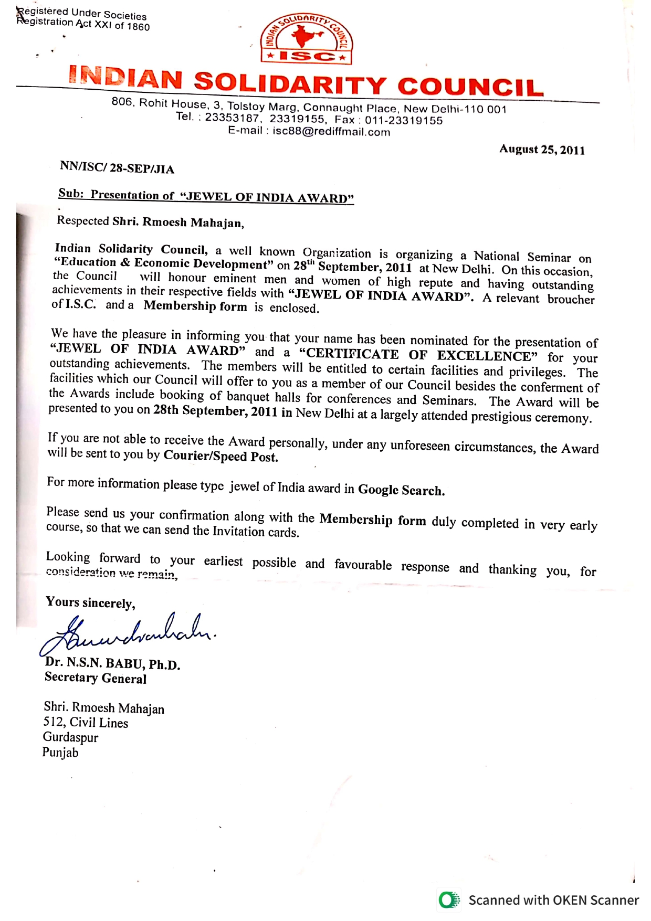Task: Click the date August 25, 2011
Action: [542, 150]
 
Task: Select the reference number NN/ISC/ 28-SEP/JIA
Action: [117, 168]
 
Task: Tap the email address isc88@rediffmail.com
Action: [331, 131]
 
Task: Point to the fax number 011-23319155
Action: [404, 120]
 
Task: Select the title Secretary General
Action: [96, 678]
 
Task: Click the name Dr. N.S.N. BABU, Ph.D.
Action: [112, 663]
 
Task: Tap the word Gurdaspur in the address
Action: [70, 737]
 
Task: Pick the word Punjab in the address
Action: [60, 753]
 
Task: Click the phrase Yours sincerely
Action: [90, 602]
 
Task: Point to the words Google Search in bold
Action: [401, 490]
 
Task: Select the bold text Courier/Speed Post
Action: [220, 456]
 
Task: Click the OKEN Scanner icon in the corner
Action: [449, 900]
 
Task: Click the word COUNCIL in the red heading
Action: [470, 87]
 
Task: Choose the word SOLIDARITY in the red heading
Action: [290, 83]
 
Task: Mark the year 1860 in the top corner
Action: [138, 27]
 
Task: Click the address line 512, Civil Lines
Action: [86, 723]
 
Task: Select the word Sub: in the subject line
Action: [70, 193]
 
